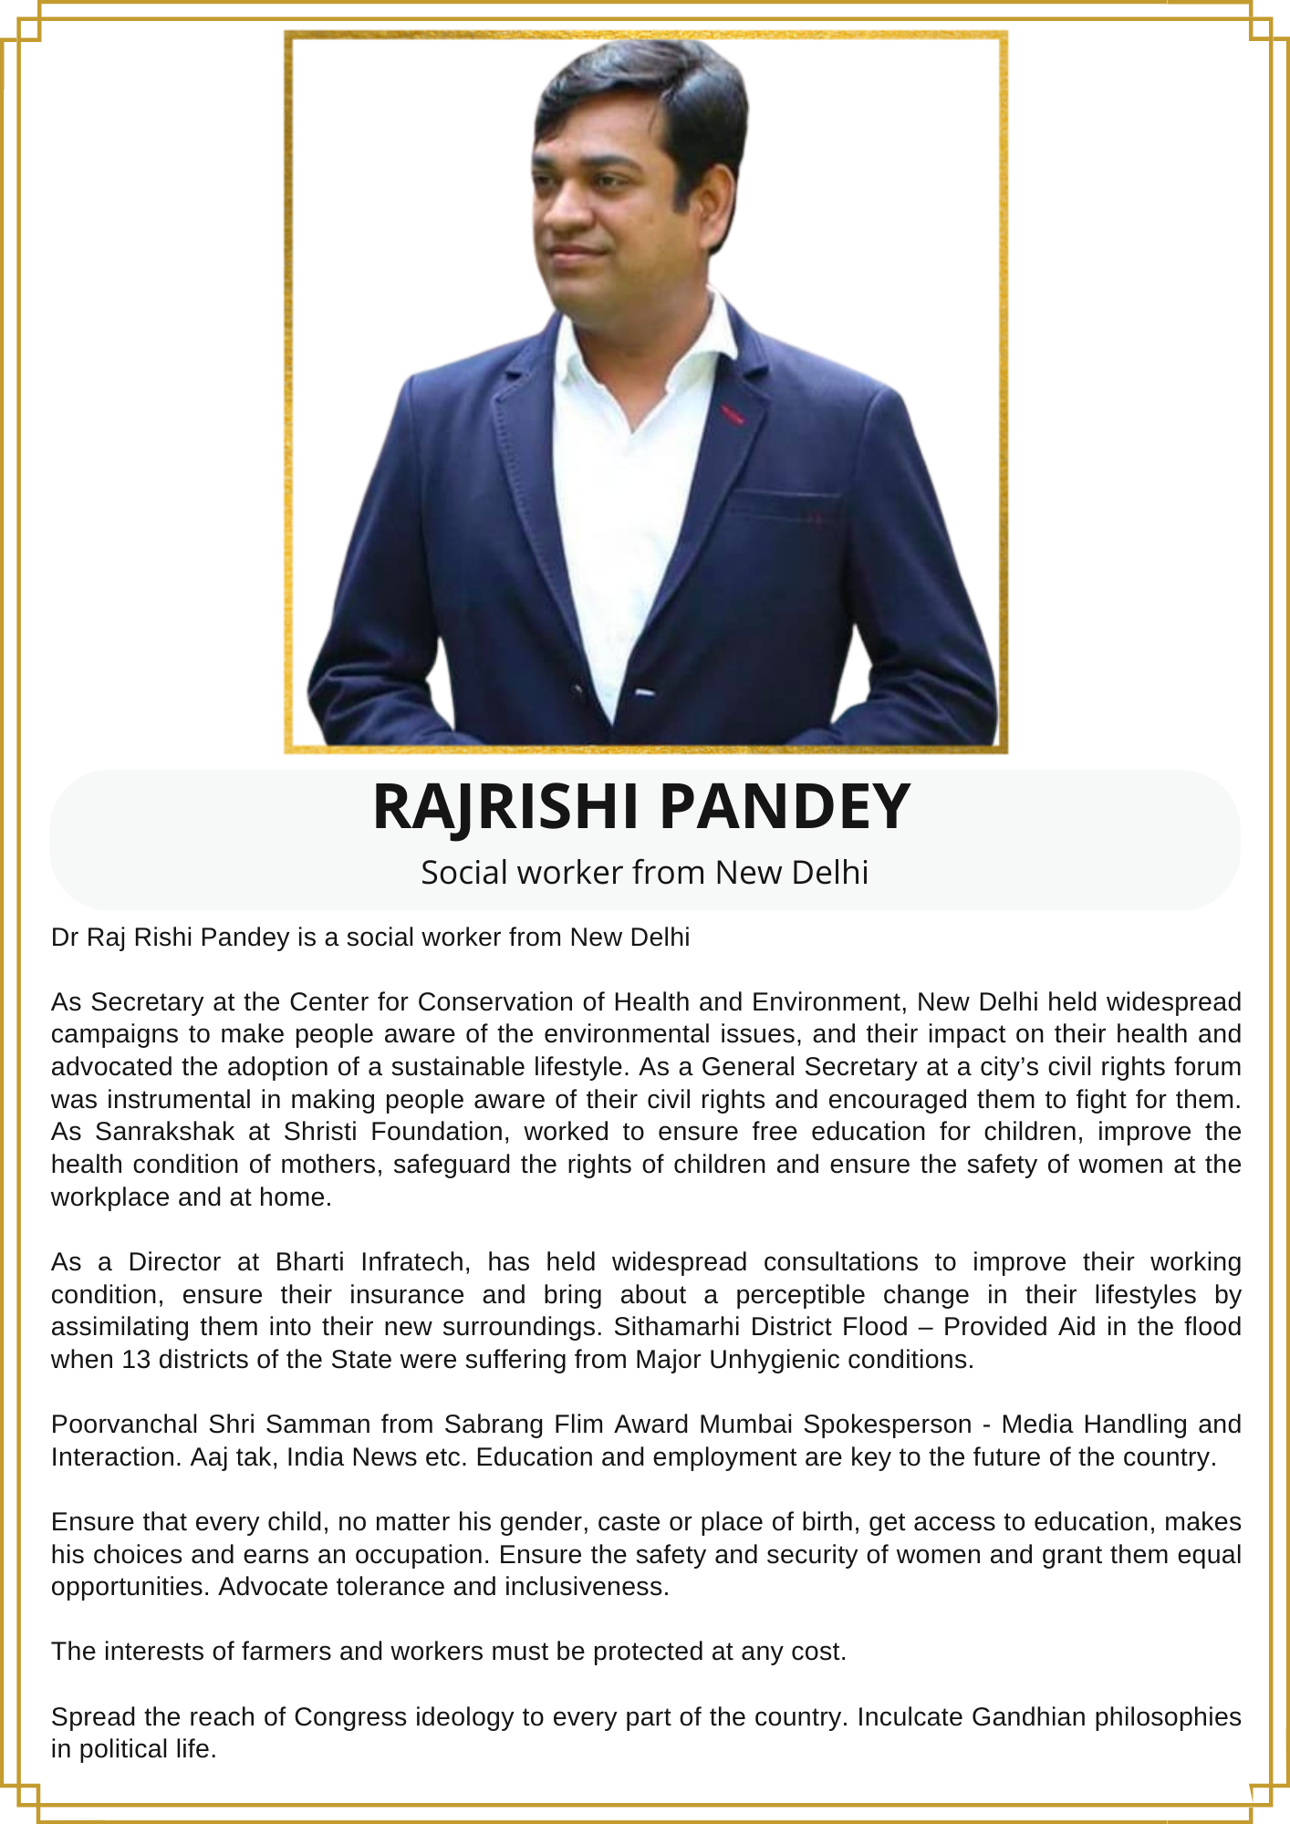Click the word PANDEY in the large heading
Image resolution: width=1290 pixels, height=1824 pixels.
click(x=784, y=807)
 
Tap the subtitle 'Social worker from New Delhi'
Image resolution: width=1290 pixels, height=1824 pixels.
click(x=644, y=873)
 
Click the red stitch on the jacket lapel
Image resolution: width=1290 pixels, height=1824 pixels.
click(x=733, y=416)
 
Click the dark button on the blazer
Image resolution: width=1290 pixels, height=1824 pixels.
click(x=578, y=690)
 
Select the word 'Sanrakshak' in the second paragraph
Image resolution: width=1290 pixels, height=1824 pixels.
click(x=165, y=1132)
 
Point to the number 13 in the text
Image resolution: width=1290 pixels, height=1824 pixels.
click(x=136, y=1360)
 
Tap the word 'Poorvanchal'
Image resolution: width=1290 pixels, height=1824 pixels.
click(x=125, y=1425)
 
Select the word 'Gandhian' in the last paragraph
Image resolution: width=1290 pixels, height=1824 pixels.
click(x=1028, y=1717)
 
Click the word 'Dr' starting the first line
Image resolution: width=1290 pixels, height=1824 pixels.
click(x=64, y=938)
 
